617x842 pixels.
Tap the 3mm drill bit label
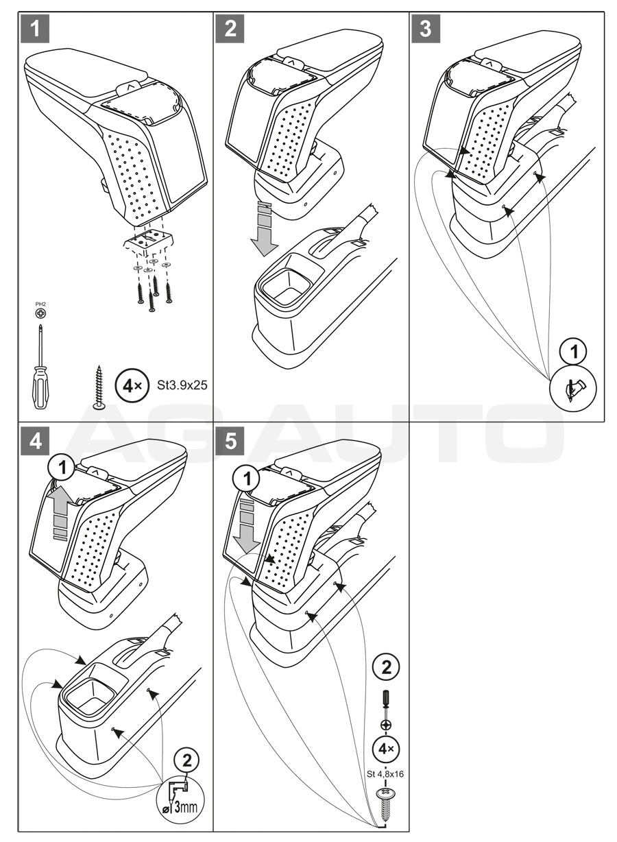coord(183,801)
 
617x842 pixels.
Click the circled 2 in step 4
coord(187,760)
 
